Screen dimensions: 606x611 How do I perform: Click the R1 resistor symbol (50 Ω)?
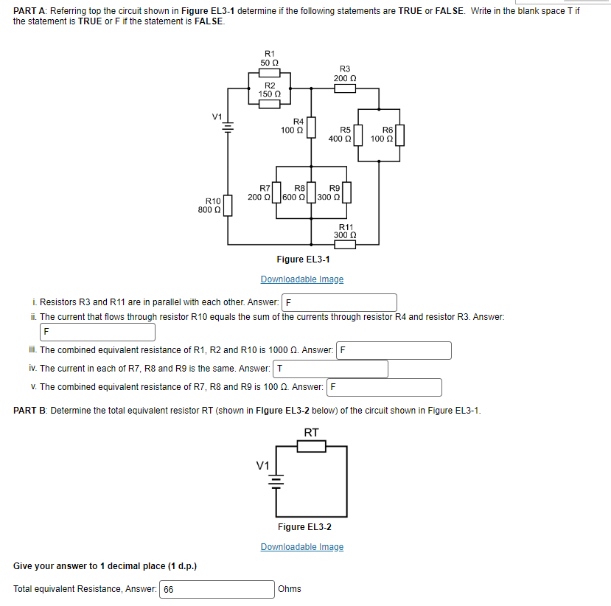pos(270,72)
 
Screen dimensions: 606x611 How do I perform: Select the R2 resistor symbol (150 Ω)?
pos(270,103)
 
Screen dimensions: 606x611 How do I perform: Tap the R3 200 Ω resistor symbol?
pos(345,88)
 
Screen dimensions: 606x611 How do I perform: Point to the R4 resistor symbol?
pos(311,127)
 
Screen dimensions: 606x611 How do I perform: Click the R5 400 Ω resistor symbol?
pos(359,136)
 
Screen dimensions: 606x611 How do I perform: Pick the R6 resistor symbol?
pos(400,136)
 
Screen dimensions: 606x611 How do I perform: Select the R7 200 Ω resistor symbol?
pos(277,192)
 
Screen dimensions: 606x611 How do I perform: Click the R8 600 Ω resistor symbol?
pos(311,192)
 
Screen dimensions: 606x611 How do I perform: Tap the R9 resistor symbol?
pos(346,192)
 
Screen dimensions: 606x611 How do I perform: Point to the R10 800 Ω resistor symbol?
pos(228,205)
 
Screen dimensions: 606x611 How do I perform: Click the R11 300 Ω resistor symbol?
pos(345,244)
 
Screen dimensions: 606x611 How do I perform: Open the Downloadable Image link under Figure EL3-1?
pos(302,279)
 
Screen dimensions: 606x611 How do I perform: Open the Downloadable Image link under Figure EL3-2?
pos(302,547)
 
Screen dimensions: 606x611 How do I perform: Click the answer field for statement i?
pos(340,302)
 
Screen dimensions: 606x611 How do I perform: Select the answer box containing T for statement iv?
pos(330,369)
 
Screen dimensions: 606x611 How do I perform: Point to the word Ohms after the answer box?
pos(290,589)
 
